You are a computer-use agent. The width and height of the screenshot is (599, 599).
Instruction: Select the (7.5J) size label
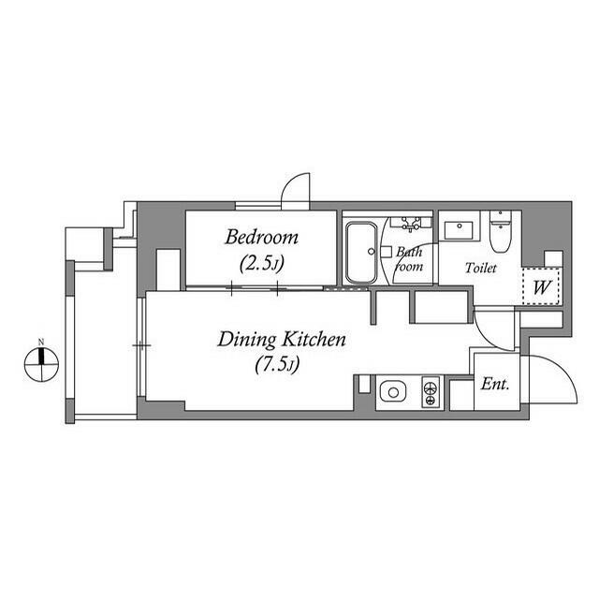click(x=276, y=364)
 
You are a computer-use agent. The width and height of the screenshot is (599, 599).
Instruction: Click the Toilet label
click(x=482, y=268)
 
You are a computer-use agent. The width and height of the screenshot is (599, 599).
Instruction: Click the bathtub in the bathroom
click(x=359, y=252)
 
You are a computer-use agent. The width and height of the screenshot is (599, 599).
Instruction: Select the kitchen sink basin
click(x=391, y=391)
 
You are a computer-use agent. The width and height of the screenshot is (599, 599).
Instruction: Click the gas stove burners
click(x=431, y=391)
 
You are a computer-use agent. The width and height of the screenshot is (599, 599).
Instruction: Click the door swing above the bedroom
click(x=298, y=187)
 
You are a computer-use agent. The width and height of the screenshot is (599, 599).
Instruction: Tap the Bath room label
click(x=410, y=259)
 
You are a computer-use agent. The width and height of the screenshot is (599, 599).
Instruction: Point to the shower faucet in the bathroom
click(x=410, y=225)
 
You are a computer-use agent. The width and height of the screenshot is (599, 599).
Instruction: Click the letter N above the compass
click(x=41, y=342)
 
